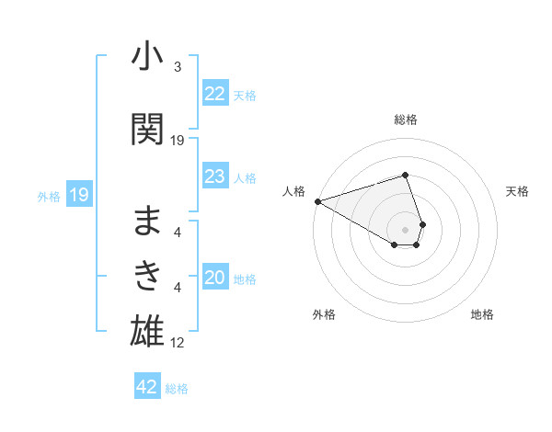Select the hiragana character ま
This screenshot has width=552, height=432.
click(148, 221)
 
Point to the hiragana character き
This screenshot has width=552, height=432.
click(148, 274)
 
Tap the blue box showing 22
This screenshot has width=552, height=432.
click(215, 94)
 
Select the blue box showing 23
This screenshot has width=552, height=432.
click(215, 176)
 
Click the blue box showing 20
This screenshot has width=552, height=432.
click(215, 279)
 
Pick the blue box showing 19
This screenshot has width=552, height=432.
click(78, 195)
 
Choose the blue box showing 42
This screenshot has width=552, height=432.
click(147, 387)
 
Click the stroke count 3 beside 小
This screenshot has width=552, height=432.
click(178, 67)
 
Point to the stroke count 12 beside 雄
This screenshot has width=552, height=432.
click(178, 343)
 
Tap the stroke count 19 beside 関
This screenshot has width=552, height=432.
click(178, 140)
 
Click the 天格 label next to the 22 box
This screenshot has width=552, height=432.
click(245, 95)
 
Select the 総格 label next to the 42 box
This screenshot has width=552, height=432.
click(177, 388)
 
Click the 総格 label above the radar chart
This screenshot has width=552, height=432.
click(406, 119)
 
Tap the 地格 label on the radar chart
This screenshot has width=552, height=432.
click(482, 314)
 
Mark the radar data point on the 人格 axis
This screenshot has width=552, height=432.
click(317, 200)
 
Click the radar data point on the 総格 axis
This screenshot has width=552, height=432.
click(406, 175)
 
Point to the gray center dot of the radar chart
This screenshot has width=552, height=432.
click(406, 228)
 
